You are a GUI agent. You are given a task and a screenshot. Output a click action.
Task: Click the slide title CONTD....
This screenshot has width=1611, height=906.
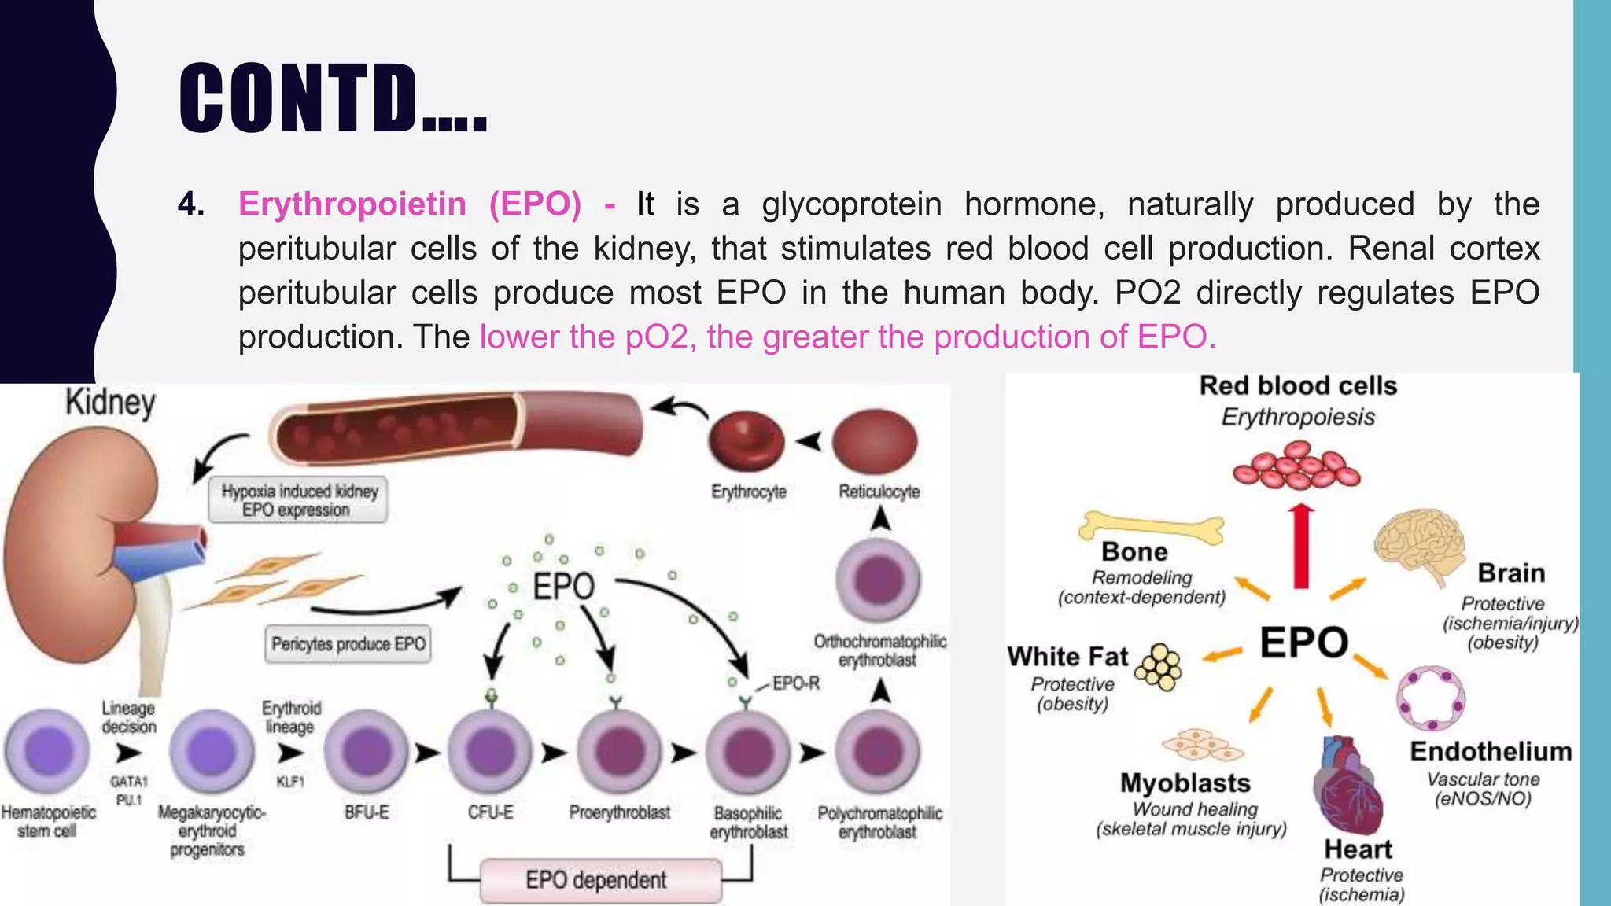click(332, 98)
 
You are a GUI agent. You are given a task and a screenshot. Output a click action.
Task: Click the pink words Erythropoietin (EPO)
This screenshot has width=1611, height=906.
click(409, 204)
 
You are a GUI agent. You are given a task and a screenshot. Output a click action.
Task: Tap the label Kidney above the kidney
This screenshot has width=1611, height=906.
click(110, 402)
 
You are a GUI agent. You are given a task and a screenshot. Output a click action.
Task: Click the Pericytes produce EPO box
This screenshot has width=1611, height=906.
click(348, 644)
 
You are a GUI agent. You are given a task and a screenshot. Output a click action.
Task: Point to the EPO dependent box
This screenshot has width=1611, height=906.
click(596, 879)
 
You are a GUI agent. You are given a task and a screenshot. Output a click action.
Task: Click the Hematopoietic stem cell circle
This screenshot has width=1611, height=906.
click(48, 751)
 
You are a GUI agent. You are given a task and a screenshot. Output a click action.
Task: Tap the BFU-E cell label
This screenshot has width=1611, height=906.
click(367, 812)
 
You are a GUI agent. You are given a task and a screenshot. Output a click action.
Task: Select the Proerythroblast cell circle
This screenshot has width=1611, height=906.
click(619, 751)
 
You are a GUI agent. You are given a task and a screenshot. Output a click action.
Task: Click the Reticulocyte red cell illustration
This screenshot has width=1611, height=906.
click(876, 442)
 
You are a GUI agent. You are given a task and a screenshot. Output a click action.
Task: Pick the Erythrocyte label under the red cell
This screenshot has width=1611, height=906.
click(748, 492)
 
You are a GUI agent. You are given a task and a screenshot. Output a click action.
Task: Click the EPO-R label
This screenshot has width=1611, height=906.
click(795, 683)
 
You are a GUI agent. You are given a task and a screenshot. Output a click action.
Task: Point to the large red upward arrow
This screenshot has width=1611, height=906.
click(1301, 546)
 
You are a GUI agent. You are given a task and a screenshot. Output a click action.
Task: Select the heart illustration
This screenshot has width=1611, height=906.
click(1347, 786)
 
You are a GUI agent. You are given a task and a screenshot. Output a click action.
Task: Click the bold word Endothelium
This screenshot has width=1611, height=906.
click(1491, 751)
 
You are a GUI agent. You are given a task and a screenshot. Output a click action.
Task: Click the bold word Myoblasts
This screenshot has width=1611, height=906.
click(1185, 783)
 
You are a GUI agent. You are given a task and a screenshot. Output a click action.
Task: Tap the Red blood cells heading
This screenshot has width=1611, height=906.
click(1298, 385)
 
